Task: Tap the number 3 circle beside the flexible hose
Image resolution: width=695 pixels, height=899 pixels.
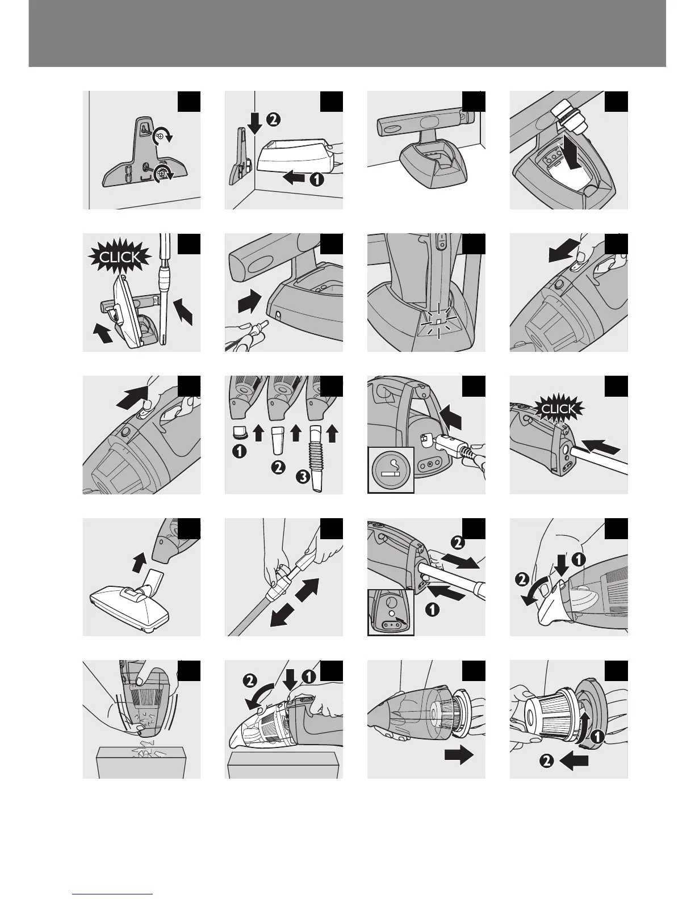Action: point(303,477)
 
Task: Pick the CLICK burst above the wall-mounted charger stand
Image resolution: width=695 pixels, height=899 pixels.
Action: point(119,258)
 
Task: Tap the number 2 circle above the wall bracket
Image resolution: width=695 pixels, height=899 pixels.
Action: point(272,119)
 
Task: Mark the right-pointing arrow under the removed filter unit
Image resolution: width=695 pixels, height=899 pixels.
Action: point(459,755)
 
